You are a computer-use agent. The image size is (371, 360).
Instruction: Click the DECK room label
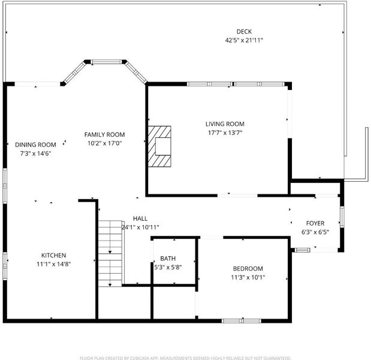point(244,31)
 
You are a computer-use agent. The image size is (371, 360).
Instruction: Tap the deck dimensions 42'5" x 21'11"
point(244,40)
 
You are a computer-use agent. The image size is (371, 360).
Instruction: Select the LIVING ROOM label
point(225,124)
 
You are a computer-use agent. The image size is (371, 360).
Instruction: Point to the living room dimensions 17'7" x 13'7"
point(225,133)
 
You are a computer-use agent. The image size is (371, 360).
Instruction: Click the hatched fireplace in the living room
point(159,146)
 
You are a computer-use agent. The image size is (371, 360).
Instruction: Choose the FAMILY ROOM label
point(104,134)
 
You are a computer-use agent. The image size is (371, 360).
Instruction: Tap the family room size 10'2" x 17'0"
point(104,143)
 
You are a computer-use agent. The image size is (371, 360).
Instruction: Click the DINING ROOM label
point(35,145)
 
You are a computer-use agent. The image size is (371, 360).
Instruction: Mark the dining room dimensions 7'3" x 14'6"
point(35,154)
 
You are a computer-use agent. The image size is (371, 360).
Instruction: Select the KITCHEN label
point(54,256)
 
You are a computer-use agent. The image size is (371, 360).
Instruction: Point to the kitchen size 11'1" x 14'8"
point(54,264)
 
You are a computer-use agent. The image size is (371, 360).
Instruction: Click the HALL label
point(140,218)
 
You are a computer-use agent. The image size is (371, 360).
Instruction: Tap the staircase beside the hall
point(110,254)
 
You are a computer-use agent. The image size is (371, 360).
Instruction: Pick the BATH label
point(168,259)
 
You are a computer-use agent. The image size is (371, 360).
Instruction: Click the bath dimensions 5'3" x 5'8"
point(168,267)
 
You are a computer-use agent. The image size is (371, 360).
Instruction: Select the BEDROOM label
point(248,269)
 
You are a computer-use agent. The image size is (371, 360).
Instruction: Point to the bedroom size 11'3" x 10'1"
point(248,277)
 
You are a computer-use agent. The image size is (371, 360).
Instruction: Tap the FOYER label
point(315,223)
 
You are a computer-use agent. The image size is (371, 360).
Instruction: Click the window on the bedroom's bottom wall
point(242,321)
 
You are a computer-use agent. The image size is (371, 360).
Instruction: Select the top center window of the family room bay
point(106,62)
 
